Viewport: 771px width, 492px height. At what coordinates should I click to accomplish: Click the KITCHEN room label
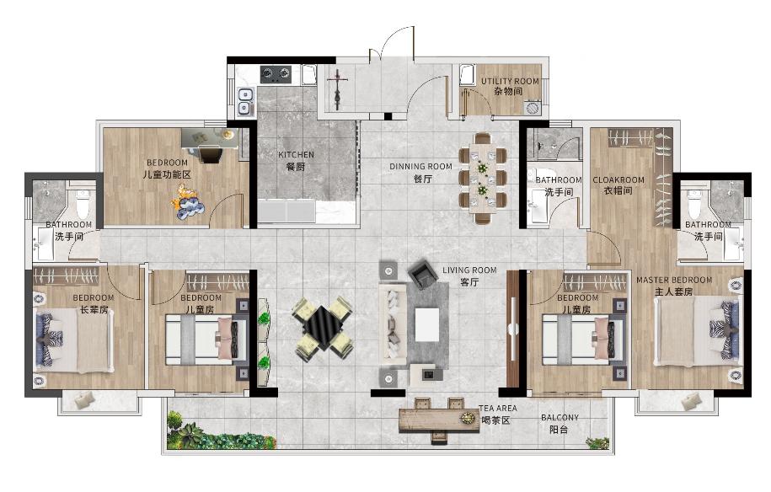296,155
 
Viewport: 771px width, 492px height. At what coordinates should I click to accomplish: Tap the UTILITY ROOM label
510,81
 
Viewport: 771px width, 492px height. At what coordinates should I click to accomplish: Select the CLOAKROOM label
618,180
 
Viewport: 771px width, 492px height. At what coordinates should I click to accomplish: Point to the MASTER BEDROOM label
674,281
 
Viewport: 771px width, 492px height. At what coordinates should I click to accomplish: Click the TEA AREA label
498,409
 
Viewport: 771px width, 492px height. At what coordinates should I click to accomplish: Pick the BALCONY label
560,418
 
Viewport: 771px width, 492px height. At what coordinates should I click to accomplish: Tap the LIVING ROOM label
469,270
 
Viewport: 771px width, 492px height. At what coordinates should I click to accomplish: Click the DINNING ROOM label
421,167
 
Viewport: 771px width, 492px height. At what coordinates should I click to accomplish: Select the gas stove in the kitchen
276,74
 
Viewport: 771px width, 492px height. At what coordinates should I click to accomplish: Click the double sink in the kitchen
245,102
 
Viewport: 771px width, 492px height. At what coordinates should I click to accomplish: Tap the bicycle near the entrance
337,89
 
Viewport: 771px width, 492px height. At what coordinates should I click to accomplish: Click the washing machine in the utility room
532,107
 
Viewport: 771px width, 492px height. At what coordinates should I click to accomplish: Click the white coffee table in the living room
427,324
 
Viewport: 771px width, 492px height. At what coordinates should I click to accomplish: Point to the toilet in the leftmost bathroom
83,203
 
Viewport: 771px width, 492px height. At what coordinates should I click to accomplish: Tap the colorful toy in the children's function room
187,201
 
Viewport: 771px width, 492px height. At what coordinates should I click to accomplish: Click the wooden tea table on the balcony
439,420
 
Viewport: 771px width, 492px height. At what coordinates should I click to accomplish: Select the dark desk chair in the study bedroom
211,153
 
